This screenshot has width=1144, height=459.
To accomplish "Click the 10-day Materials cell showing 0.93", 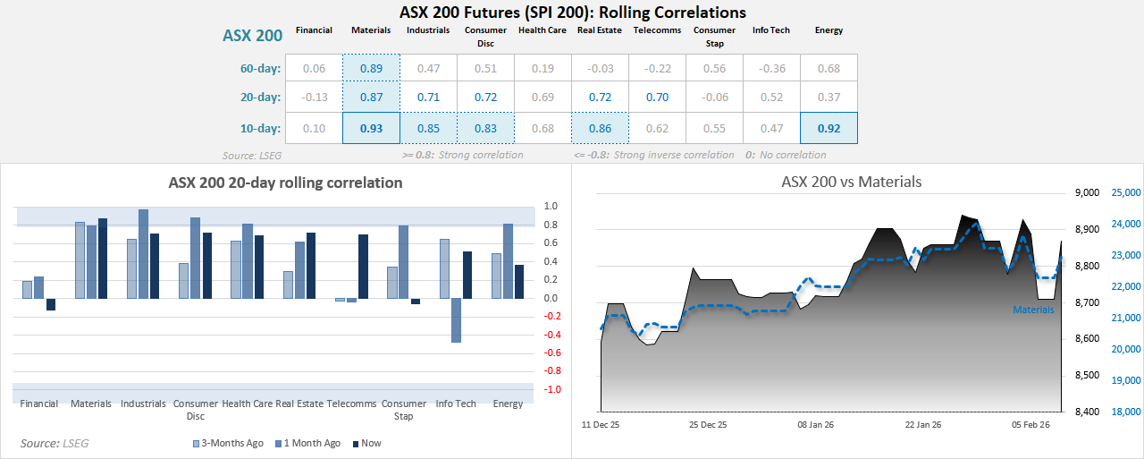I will tap(371, 128).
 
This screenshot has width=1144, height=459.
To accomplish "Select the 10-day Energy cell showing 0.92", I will tap(829, 128).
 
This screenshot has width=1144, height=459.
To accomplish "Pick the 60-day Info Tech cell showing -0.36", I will tap(771, 68).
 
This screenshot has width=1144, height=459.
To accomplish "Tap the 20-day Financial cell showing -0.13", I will tap(314, 98).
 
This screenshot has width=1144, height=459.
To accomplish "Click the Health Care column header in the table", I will tap(543, 30).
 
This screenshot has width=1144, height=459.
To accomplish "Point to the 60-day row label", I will tap(260, 68).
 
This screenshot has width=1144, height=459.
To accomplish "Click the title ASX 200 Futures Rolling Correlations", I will tap(572, 13).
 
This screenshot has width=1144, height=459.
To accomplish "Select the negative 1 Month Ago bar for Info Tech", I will tap(456, 320).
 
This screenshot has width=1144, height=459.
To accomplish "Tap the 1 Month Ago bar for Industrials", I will tap(143, 254).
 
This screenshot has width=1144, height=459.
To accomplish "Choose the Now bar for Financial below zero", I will tap(51, 304).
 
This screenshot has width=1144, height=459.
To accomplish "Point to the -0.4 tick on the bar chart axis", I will tap(552, 335).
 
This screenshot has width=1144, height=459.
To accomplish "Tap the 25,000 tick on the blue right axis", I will tap(1125, 192).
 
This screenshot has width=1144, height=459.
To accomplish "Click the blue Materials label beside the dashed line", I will tap(1032, 310).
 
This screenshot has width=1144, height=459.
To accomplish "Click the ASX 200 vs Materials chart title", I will tap(851, 182).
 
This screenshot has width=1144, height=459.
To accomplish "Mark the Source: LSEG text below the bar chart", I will tap(55, 443).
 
